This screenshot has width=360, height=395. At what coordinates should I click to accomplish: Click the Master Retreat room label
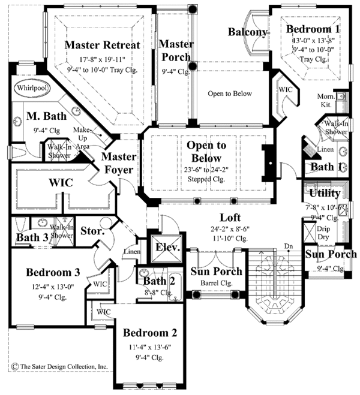pyautogui.click(x=102, y=45)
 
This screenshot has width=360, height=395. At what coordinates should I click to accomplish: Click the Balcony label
pyautogui.click(x=247, y=31)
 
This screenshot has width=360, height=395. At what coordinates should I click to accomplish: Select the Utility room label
pyautogui.click(x=325, y=194)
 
